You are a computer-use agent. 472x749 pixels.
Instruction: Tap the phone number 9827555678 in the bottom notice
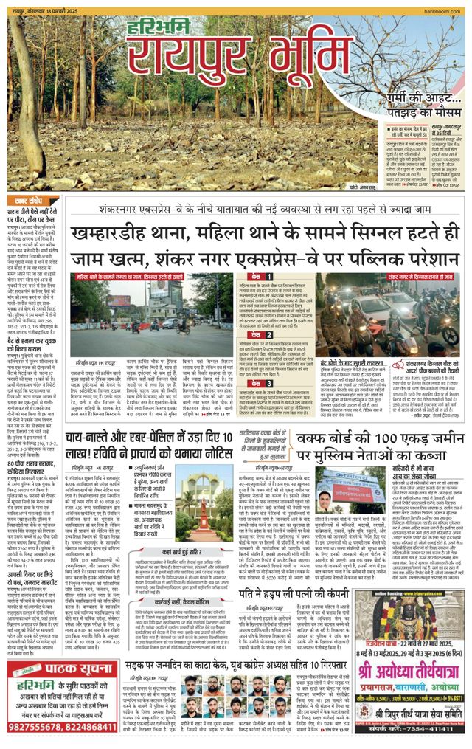click(x=37, y=727)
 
